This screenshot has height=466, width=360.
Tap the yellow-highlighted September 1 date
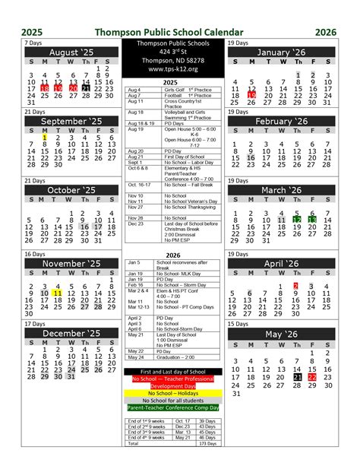[45, 135]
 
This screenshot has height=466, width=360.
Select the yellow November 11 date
[58, 292]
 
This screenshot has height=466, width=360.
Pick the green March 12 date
[298, 220]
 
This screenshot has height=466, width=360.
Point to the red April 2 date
[296, 286]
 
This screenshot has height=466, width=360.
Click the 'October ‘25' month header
[70, 190]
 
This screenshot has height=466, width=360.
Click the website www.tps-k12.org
[174, 69]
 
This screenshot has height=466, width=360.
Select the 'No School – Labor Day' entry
[190, 163]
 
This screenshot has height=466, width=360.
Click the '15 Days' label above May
[238, 324]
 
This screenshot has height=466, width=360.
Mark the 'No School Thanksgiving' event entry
[191, 207]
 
